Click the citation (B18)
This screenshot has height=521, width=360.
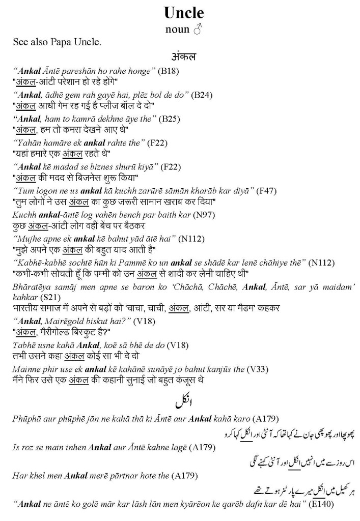168,71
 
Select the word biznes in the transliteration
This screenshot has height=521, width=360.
95,167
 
